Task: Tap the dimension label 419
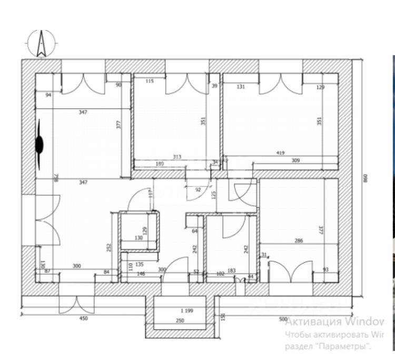click(280, 153)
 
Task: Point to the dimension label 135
click(140, 265)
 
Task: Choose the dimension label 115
click(150, 81)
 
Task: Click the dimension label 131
click(241, 87)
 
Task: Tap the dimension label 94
click(48, 95)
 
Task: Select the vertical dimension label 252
click(109, 248)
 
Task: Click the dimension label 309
click(295, 161)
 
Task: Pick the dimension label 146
click(141, 274)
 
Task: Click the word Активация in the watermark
click(312, 321)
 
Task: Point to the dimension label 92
click(198, 189)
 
